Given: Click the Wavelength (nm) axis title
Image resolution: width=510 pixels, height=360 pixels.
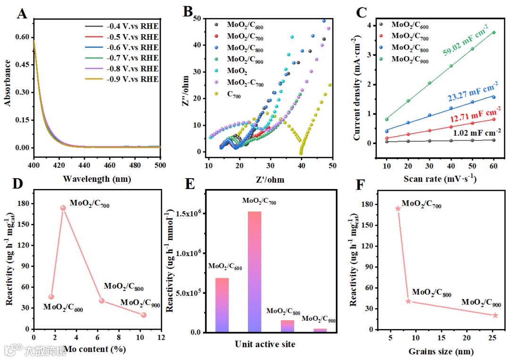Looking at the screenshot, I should click(x=96, y=179).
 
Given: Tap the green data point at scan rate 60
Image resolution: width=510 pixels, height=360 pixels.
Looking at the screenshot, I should click(x=494, y=33).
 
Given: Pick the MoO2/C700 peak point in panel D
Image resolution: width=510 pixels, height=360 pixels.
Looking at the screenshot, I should click(x=63, y=208).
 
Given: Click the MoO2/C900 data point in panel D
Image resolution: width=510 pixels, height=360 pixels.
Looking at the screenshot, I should click(x=144, y=315).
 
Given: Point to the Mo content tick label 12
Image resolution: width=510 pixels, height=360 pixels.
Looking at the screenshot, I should click(x=161, y=338).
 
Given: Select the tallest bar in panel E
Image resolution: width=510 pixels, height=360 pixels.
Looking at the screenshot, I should click(x=255, y=272).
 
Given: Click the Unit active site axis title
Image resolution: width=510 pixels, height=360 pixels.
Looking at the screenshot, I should click(x=265, y=344).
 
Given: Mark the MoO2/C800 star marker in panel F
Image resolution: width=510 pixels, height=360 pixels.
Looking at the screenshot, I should click(x=408, y=301).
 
